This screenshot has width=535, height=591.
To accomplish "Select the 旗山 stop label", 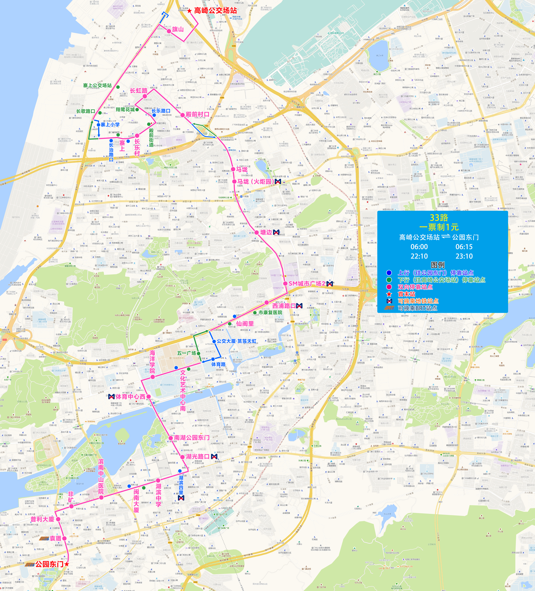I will coord(178,29).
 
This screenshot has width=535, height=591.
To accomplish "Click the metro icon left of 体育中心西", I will coord(111,397).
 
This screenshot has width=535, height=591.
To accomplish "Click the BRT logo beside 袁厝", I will coord(44,538).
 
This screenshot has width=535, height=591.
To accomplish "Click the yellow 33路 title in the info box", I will coord(439,217).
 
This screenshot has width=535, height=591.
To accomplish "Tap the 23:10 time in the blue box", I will coord(464,256).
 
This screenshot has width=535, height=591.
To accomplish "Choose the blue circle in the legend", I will coord(389,273).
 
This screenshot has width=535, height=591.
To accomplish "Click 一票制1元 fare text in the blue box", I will coord(439,227).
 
